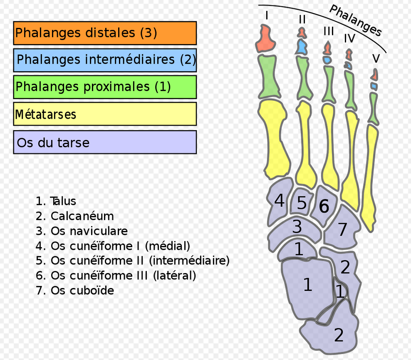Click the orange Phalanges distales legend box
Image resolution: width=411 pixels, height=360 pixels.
point(105,33)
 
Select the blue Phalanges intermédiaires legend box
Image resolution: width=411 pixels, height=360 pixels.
point(105,60)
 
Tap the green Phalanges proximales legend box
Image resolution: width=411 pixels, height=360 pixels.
point(105,87)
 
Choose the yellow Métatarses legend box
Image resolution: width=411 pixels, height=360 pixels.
point(105,114)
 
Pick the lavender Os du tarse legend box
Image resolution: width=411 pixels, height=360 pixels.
point(105,142)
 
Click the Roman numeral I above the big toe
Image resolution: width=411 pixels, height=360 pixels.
point(267,16)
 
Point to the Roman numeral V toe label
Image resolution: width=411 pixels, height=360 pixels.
point(376,59)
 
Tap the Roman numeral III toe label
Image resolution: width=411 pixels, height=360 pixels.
point(329,31)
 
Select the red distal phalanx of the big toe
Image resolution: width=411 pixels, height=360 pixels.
point(265,39)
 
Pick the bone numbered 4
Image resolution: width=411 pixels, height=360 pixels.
point(279,201)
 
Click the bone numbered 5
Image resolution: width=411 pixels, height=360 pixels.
point(301,203)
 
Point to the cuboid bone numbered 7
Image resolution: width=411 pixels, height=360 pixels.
point(342,229)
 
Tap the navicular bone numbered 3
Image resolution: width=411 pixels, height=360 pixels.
point(296,227)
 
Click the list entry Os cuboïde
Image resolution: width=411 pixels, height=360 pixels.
point(82,290)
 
